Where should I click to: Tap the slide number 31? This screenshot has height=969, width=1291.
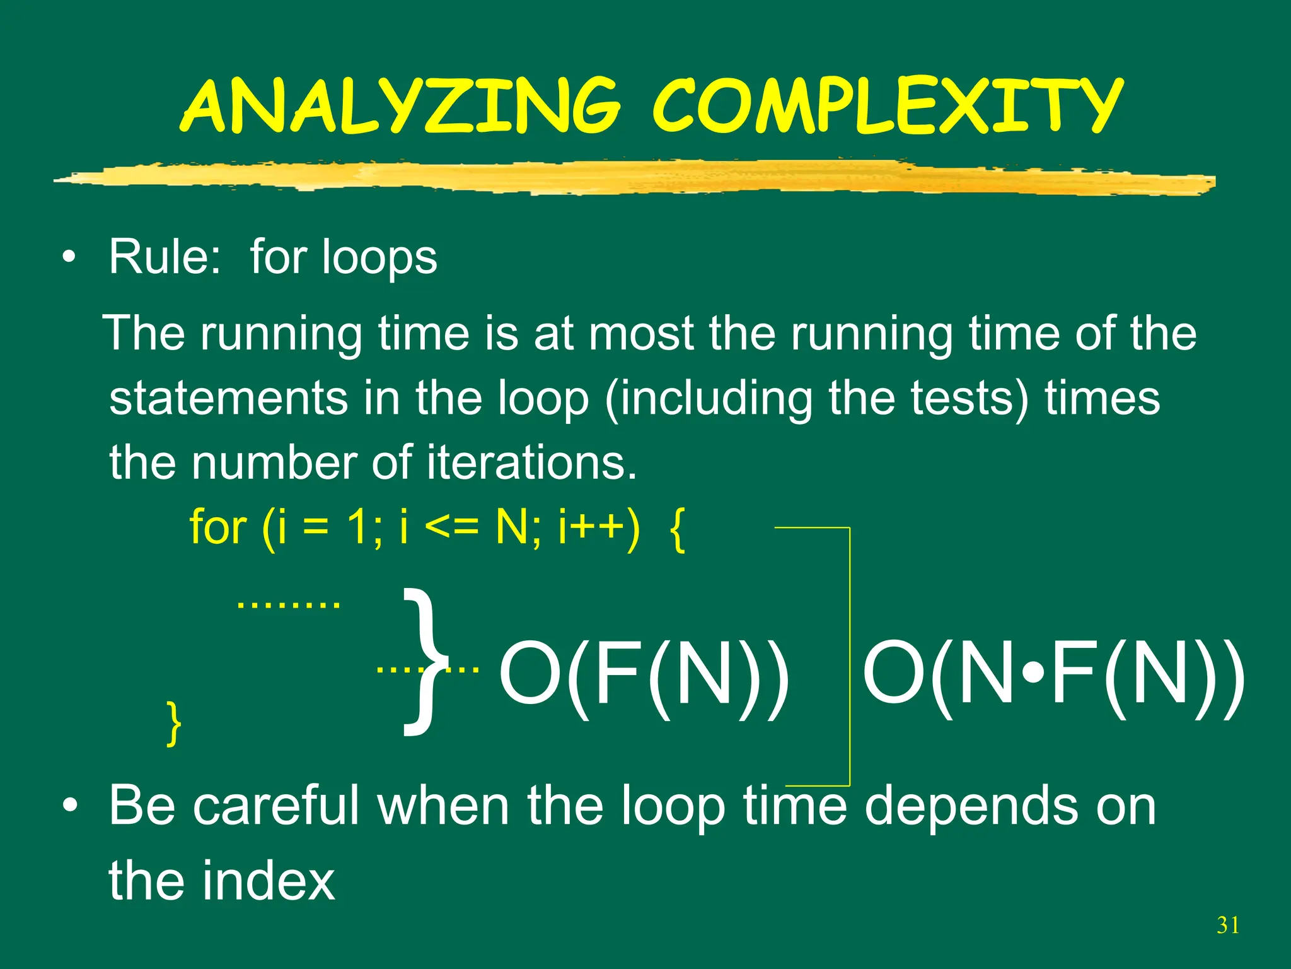1228,925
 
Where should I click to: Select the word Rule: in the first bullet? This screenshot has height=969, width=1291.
165,257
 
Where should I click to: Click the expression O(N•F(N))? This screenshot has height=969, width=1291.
1053,672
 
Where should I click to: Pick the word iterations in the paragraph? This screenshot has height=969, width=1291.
531,462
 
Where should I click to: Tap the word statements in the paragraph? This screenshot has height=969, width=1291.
228,399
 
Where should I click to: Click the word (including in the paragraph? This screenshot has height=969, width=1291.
708,399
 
